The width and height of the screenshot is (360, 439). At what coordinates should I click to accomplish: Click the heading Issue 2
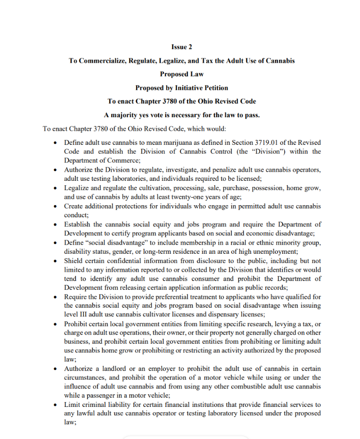182,47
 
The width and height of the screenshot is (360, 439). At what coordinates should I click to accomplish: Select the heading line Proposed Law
182,74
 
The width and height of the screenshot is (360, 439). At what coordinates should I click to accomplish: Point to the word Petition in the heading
214,88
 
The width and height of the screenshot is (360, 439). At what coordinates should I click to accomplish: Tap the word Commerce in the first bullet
123,160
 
